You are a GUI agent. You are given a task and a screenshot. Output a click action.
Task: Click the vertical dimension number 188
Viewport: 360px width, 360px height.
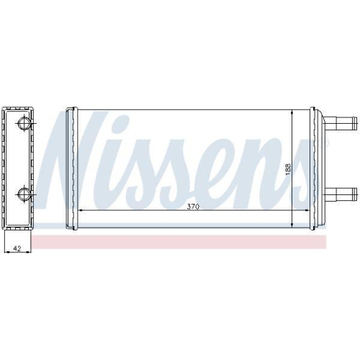pyautogui.click(x=287, y=169)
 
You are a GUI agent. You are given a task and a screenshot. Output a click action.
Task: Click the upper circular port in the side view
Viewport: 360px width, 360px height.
pyautogui.click(x=24, y=123)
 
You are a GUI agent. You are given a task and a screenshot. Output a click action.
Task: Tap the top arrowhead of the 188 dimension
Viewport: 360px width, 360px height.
pyautogui.click(x=292, y=113)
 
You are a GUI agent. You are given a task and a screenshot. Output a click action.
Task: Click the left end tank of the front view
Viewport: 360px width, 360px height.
pyautogui.click(x=71, y=168)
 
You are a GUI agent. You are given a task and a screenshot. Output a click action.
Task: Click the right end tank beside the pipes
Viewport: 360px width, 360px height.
pyautogui.click(x=316, y=168)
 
